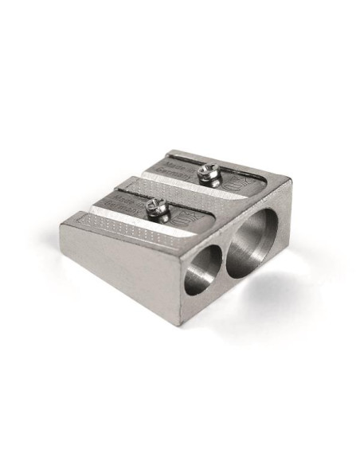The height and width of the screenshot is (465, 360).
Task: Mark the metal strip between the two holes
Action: click(x=223, y=256)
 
